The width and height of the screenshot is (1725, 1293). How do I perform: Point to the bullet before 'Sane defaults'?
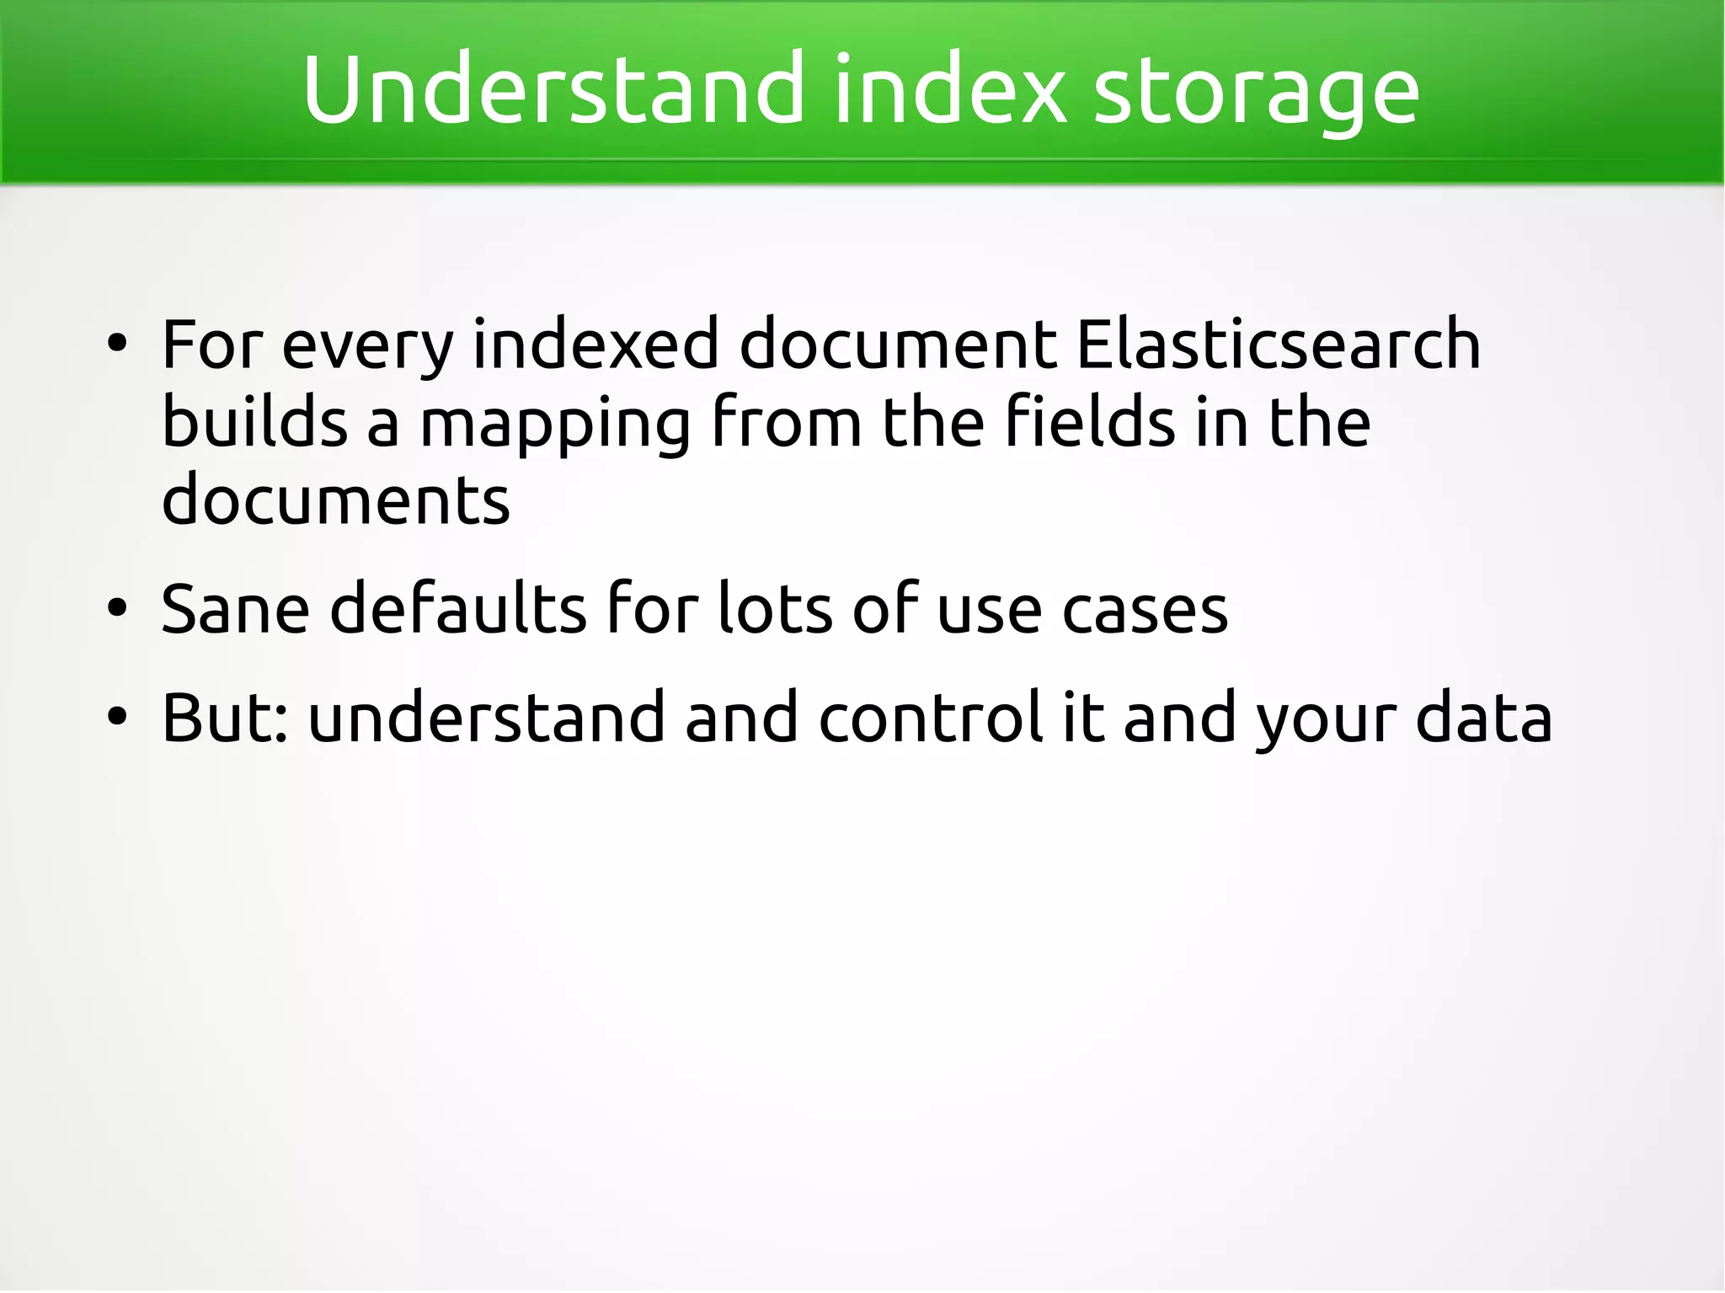[x=117, y=607]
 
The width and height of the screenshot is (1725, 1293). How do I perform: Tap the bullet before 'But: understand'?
[x=117, y=717]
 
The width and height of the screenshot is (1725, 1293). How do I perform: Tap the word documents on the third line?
[x=335, y=500]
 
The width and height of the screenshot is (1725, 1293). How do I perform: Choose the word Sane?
[x=235, y=609]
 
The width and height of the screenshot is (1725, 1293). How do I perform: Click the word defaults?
[x=458, y=607]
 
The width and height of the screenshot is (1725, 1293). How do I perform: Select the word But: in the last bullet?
[x=225, y=718]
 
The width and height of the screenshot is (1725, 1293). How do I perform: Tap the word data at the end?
[x=1483, y=718]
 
